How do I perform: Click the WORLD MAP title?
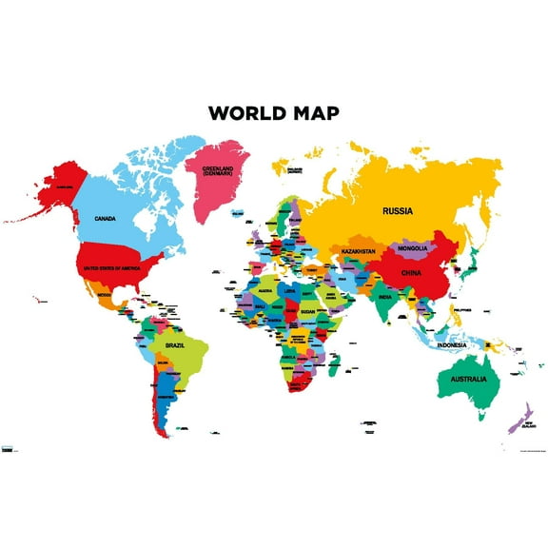click(x=273, y=113)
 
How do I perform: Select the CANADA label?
click(x=105, y=218)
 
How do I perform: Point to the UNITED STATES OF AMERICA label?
click(x=113, y=267)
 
